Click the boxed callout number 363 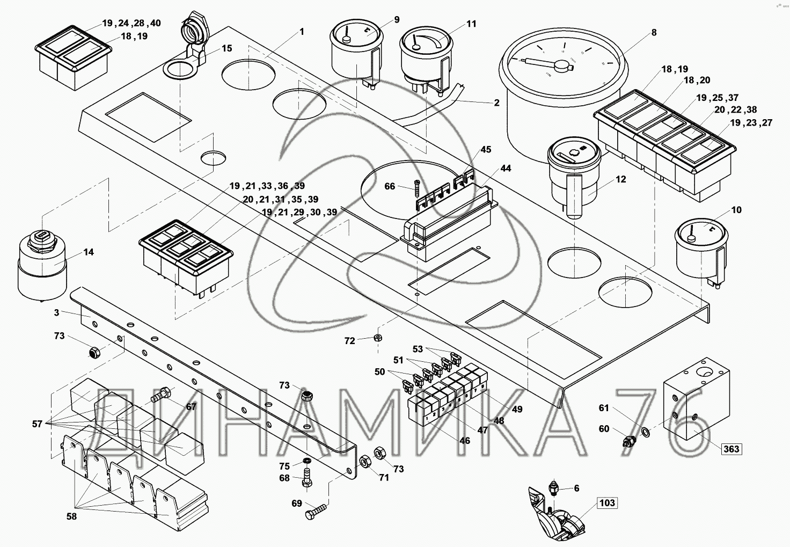[731, 449]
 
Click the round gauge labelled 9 [356, 54]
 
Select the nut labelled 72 [377, 338]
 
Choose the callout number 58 [71, 517]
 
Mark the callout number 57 [36, 424]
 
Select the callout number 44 [506, 169]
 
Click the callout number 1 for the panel [302, 32]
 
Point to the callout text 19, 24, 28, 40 [131, 23]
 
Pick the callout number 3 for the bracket [56, 312]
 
